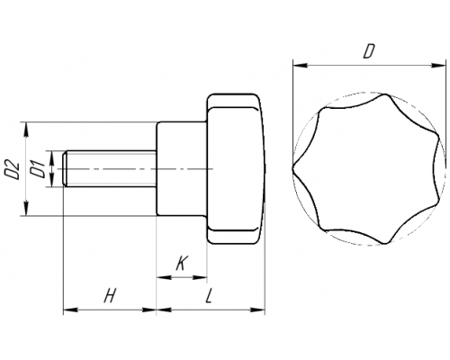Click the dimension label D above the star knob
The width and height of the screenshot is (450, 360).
point(368,51)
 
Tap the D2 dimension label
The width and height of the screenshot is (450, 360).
point(13,170)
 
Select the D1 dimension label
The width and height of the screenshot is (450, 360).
point(38,169)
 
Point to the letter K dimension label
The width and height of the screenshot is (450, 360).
point(181,264)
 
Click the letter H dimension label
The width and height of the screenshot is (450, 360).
point(110,296)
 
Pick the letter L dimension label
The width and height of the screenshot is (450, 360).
point(209,296)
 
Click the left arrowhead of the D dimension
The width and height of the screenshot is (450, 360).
point(300,65)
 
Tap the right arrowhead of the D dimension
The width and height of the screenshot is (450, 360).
point(437,65)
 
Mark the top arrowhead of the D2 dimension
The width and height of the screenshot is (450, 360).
point(26,130)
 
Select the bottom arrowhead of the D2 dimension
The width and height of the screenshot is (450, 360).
point(26,208)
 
